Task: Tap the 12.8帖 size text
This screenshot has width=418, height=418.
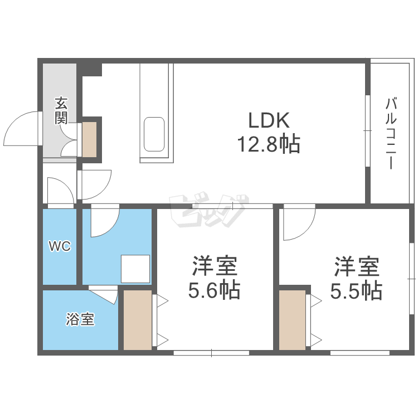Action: (269, 144)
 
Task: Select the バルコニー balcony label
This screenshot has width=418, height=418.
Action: (391, 134)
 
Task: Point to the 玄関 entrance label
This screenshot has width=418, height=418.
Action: (61, 110)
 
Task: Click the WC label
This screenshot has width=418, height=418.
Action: (60, 246)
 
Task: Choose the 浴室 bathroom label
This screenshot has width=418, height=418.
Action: (80, 319)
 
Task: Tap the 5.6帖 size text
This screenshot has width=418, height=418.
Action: (215, 290)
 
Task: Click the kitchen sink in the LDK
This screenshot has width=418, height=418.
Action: (154, 134)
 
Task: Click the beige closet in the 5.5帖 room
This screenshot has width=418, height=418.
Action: (293, 320)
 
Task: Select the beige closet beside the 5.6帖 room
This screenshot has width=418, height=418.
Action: (138, 320)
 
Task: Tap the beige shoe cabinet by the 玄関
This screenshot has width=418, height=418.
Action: (89, 138)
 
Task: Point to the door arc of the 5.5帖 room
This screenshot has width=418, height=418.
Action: (298, 223)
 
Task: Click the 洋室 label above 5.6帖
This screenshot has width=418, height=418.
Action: (215, 266)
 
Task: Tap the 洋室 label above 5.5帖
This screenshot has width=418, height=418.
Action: (357, 266)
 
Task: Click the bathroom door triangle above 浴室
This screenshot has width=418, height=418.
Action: (106, 293)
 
